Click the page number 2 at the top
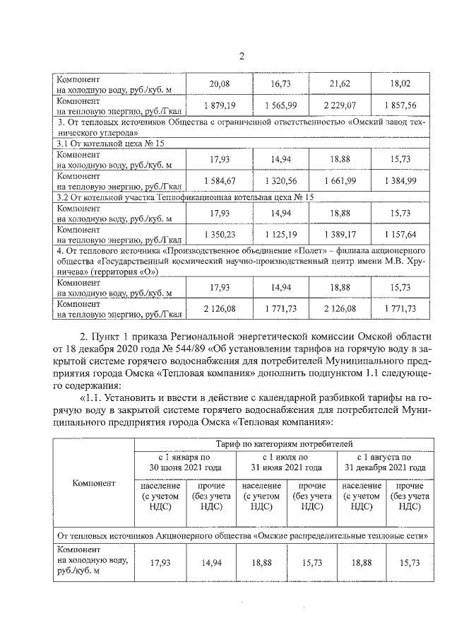pyautogui.click(x=241, y=57)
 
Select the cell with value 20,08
pyautogui.click(x=220, y=85)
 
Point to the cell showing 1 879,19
pyautogui.click(x=220, y=105)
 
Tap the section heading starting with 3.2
pyautogui.click(x=185, y=197)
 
